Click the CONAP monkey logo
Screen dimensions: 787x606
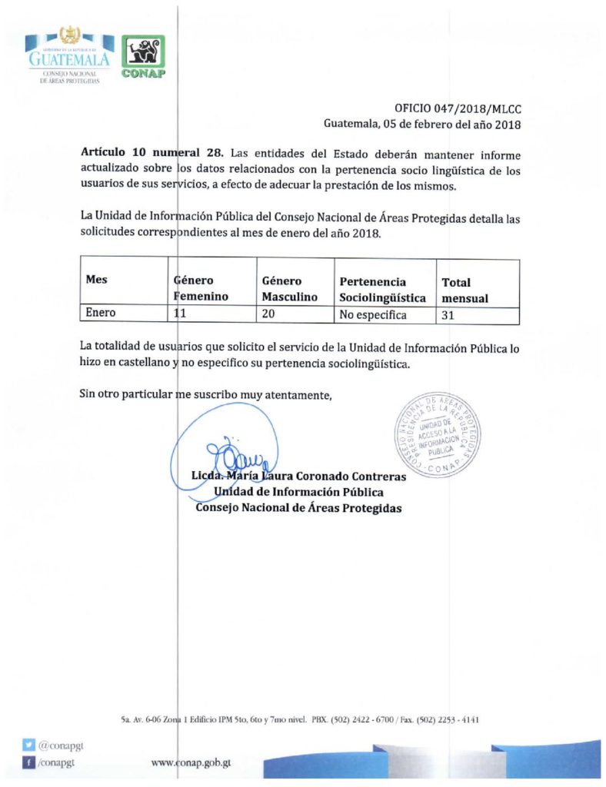click(x=143, y=56)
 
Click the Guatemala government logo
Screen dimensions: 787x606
click(x=69, y=58)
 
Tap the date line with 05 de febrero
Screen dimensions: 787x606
click(x=423, y=124)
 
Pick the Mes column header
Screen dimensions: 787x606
click(x=96, y=281)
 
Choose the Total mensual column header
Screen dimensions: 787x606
click(x=464, y=290)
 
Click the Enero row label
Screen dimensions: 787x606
click(x=99, y=314)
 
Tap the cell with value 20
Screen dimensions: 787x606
click(x=270, y=314)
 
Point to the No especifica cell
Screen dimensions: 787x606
click(x=375, y=315)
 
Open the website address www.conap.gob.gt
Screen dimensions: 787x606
click(x=191, y=764)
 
